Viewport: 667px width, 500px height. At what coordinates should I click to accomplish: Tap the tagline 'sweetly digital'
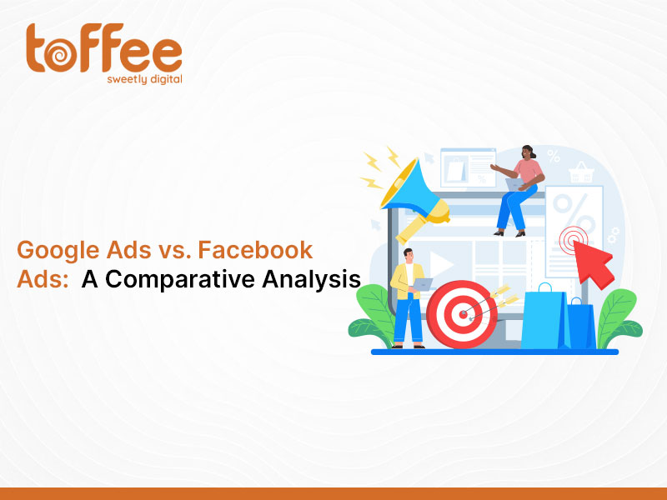point(144,79)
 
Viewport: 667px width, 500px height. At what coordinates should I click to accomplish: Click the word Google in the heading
point(58,251)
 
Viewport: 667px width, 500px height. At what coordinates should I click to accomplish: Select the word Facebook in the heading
point(255,249)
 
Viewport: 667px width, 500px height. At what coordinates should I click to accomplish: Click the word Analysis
point(311,280)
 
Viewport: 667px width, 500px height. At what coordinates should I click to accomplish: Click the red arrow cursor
point(594,264)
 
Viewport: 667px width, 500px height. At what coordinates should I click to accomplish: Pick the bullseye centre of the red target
point(463,314)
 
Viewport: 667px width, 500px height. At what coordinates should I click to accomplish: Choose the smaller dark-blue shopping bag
point(581,324)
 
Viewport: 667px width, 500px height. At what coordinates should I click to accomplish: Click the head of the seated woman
point(529,152)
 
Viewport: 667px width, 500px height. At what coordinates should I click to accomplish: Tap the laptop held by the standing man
point(422,284)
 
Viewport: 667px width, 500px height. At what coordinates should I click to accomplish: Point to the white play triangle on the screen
point(440,263)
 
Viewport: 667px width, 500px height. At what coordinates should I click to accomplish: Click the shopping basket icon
point(581,172)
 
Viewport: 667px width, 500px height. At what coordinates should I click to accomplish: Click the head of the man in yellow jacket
point(409,255)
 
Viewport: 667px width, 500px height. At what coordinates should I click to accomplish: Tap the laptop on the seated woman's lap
point(514,184)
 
